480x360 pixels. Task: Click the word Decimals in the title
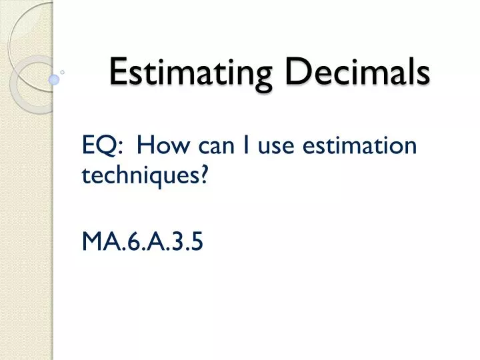tap(356, 72)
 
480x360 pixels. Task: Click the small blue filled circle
tap(55, 79)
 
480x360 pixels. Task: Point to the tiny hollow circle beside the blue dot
tap(63, 70)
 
